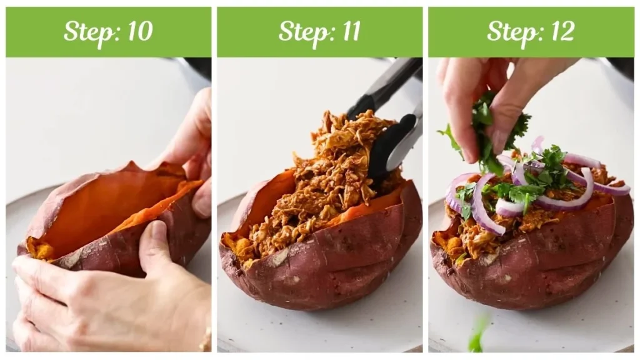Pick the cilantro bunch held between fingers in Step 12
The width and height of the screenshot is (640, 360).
coord(487,131)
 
